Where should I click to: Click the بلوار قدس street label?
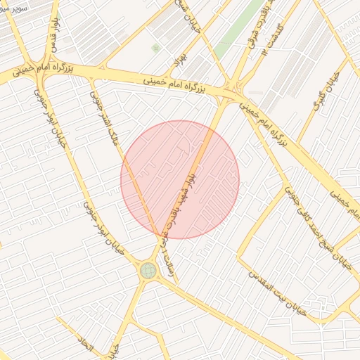point(52,36)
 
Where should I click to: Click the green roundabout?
point(148,270)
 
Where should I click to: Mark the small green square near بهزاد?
point(155,48)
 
